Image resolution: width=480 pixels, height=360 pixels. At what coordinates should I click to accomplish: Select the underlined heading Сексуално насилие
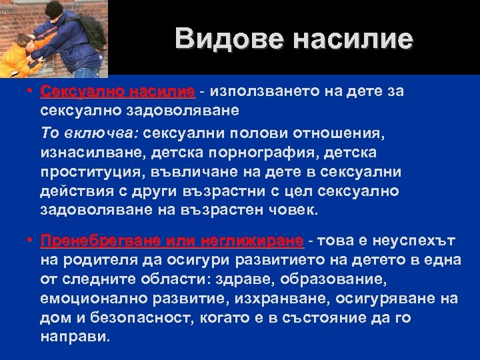[x=117, y=91]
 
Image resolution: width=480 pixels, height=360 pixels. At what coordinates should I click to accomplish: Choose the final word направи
[x=73, y=337]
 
